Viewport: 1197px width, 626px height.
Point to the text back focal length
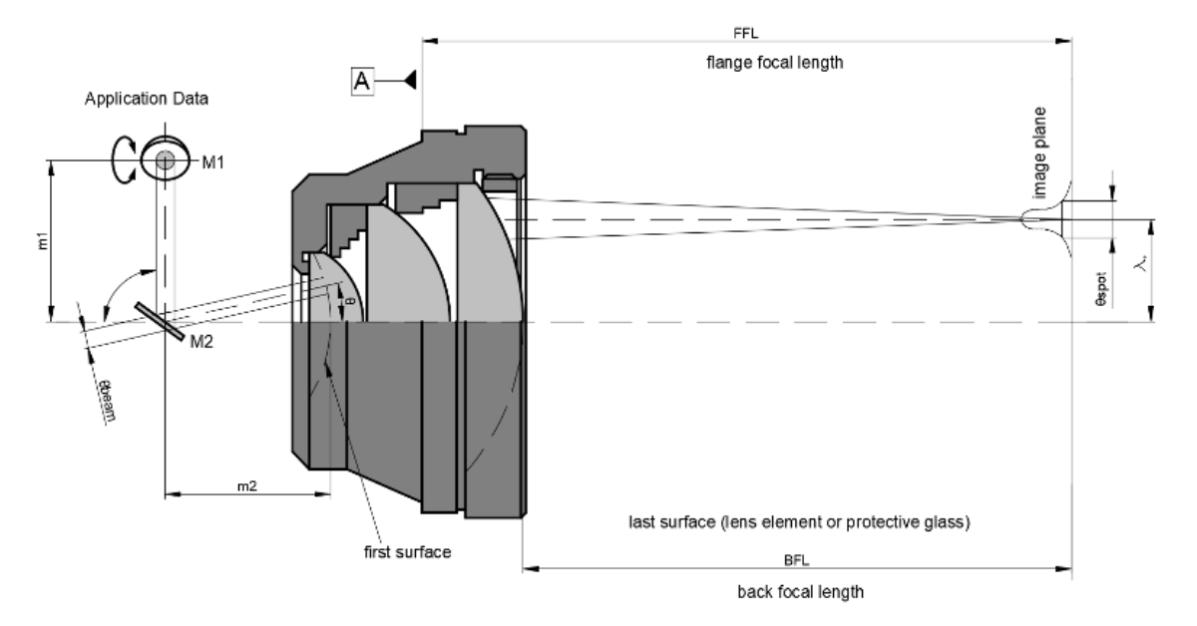pos(799,592)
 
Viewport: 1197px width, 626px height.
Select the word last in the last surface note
pos(644,522)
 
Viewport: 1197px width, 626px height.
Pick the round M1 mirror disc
pos(164,159)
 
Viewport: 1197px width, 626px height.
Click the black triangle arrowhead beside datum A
pos(409,81)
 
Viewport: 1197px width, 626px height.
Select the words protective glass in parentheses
pos(911,522)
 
